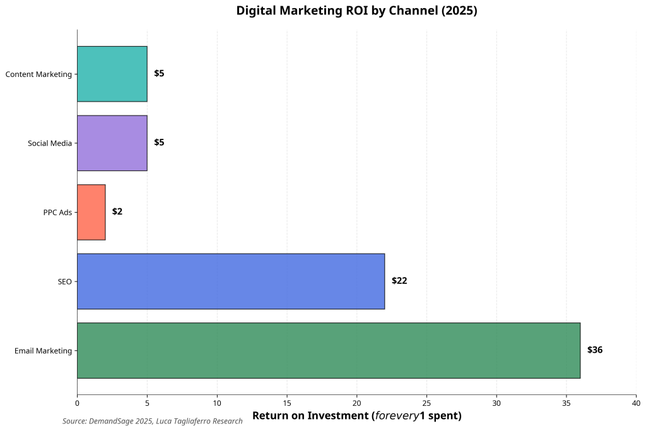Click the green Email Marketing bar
[x=328, y=350]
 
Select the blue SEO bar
[x=231, y=281]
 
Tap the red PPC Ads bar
[x=91, y=212]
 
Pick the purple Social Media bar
[x=112, y=143]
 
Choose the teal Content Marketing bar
[x=112, y=74]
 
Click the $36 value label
[x=594, y=350]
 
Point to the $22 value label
[x=399, y=281]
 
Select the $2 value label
[x=117, y=211]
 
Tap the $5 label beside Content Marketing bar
[x=159, y=74]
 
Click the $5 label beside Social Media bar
[x=159, y=143]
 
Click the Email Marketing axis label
[x=43, y=351]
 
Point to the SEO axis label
[x=64, y=281]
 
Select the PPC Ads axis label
[x=57, y=212]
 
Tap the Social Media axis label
[x=50, y=143]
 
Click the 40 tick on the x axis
[x=635, y=403]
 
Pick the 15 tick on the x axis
[x=286, y=403]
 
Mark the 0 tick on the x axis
[x=77, y=403]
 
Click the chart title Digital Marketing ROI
[x=356, y=11]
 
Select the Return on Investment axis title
[x=356, y=416]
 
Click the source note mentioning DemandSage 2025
[x=152, y=421]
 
